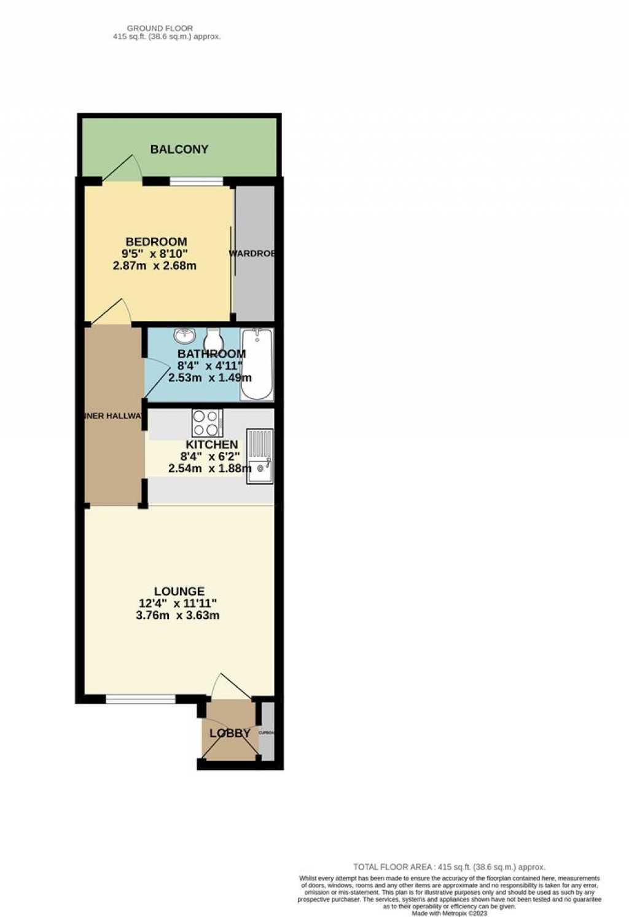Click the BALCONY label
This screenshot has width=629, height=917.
click(179, 149)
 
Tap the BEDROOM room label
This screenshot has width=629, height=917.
click(156, 242)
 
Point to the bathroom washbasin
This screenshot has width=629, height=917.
click(184, 336)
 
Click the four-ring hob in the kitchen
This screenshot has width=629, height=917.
click(207, 423)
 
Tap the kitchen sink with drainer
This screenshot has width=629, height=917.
click(260, 456)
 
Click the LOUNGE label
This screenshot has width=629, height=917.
click(179, 591)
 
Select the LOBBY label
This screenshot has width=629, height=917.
click(230, 733)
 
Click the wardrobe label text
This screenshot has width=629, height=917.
click(252, 254)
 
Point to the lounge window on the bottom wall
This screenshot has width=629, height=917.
click(140, 698)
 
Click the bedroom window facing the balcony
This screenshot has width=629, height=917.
click(197, 181)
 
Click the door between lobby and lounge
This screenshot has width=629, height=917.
click(230, 687)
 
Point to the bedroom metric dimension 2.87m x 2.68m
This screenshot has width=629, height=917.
click(155, 266)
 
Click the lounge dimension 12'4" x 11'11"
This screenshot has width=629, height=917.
click(178, 604)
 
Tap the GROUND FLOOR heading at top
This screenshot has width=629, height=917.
click(160, 28)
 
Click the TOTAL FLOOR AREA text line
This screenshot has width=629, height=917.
click(449, 867)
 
